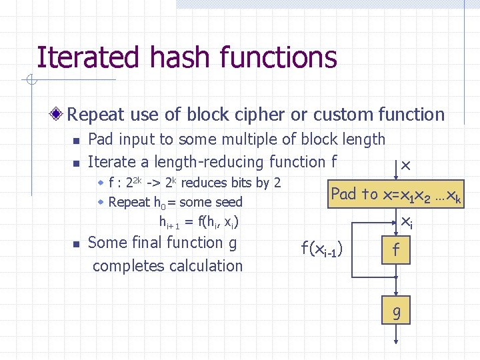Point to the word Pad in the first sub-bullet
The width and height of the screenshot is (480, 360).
tap(101, 139)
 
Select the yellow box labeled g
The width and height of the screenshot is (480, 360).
tap(396, 311)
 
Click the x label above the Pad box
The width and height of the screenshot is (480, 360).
tap(405, 164)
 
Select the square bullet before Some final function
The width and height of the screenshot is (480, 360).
tap(75, 244)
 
